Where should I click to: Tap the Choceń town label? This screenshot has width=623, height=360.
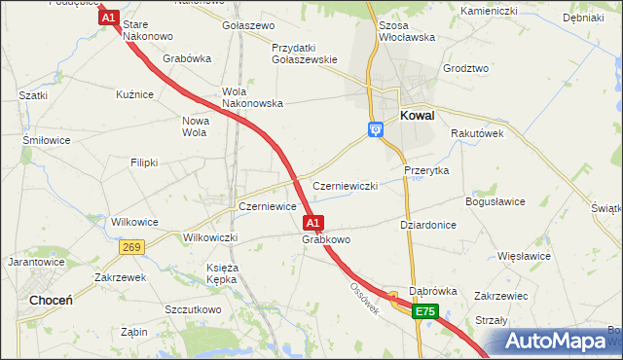pos(50,301)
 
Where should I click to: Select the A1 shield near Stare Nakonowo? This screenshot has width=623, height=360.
pos(108,18)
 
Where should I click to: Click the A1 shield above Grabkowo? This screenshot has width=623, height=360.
pos(312,222)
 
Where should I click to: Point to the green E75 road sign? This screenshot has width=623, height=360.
pos(424,311)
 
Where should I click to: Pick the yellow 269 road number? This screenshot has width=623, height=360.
pos(133,248)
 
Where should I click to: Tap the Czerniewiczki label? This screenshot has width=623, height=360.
pos(345,186)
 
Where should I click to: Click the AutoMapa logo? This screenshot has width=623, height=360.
pos(560,342)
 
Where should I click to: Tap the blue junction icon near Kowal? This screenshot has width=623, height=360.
pos(375,128)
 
